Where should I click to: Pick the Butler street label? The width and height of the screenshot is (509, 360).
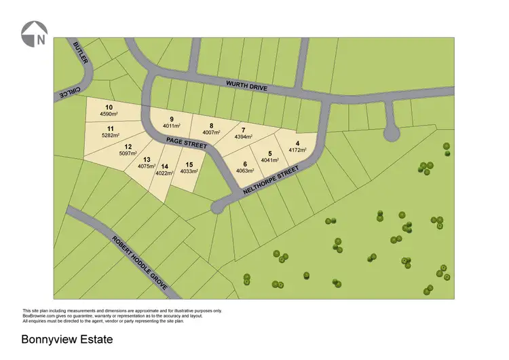81,53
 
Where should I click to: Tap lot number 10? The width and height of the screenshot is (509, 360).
109,107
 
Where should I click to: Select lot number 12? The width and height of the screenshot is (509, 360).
128,146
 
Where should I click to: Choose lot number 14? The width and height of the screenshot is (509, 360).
164,166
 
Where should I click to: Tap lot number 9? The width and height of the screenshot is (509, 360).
172,120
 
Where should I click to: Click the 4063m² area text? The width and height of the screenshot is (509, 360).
245,171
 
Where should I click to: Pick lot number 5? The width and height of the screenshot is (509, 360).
270,154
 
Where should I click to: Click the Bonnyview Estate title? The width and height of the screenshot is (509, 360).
67,338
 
